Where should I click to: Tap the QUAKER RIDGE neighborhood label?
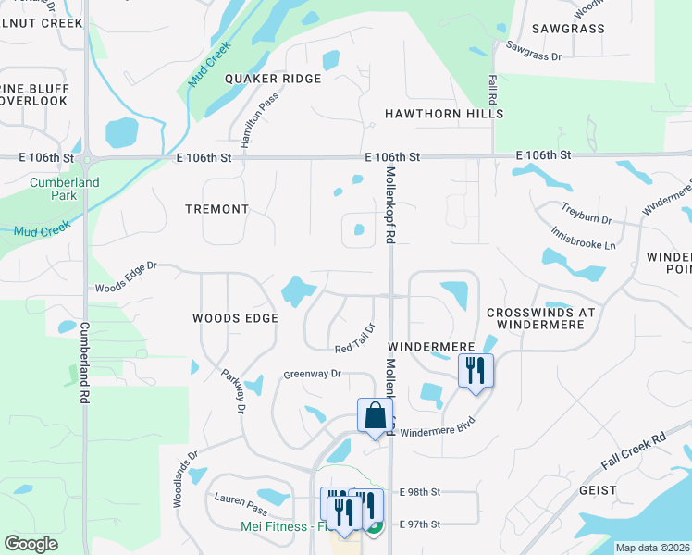[x=273, y=79]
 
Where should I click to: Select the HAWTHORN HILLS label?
[x=444, y=114]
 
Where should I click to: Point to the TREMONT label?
[x=216, y=209]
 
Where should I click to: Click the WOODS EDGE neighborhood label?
[x=235, y=318]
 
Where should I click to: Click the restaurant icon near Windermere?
[x=476, y=371]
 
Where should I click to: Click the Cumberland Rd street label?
[x=84, y=361]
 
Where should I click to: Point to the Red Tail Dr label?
[x=355, y=338]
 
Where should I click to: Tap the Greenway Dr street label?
[x=313, y=375]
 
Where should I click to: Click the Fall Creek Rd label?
[x=634, y=450]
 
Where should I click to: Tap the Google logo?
[x=31, y=544]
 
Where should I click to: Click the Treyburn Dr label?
[x=587, y=214]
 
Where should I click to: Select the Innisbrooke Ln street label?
[x=583, y=239]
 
